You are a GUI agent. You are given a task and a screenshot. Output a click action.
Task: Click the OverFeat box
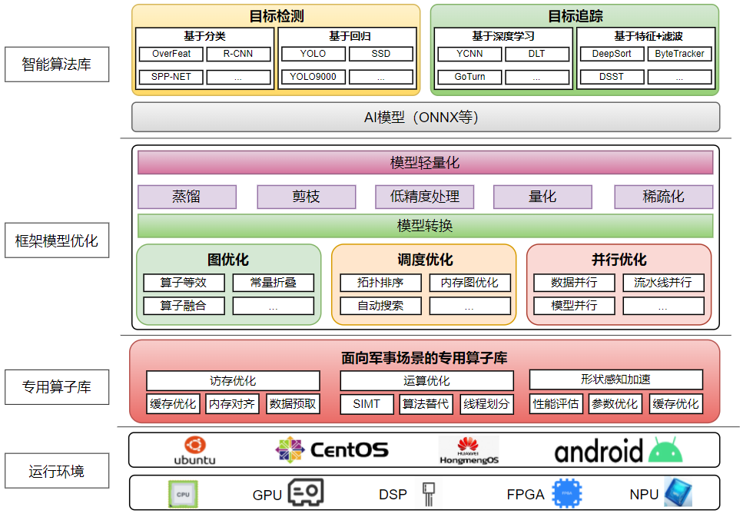pos(171,54)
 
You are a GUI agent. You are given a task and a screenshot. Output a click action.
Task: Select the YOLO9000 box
pos(313,77)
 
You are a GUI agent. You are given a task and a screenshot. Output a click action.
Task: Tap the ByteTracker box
pos(679,54)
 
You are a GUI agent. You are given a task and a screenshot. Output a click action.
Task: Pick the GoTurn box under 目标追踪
pos(469,77)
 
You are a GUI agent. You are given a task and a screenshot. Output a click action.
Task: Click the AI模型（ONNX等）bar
pos(426,118)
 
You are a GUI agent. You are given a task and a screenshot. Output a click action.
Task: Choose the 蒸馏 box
pos(187,197)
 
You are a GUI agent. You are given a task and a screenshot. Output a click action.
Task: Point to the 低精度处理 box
pos(425,197)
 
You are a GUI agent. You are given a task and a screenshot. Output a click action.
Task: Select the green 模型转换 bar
pos(425,226)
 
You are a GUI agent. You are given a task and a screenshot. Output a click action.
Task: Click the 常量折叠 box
pos(274,283)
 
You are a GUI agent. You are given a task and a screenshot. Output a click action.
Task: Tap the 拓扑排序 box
pos(380,283)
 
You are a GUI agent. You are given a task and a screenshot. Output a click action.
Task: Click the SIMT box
pos(367,404)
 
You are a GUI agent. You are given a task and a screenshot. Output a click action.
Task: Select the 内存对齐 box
pos(232,404)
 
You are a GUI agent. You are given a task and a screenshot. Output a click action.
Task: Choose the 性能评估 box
pos(556,404)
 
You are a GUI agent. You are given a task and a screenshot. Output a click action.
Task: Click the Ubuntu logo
pos(194,450)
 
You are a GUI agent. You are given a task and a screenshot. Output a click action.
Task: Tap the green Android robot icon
pos(665,450)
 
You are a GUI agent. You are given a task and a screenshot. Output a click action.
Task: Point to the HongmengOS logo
pos(469,450)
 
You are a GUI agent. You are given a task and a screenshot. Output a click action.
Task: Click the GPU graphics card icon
pos(306,493)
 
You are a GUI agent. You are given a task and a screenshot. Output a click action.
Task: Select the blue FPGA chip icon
pos(566,493)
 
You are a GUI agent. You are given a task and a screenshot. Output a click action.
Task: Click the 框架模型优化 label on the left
pos(57,241)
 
